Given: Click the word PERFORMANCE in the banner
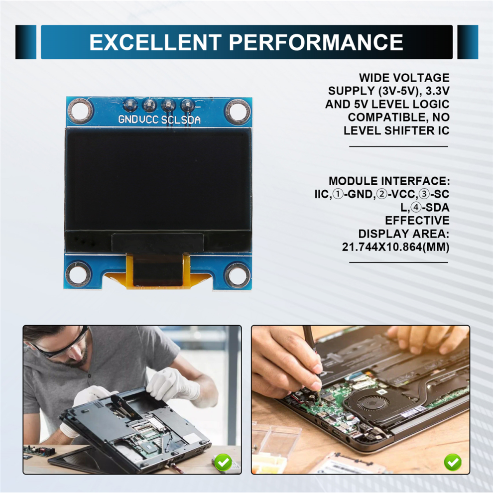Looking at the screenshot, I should point(316,42).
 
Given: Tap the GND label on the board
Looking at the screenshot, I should point(128,120).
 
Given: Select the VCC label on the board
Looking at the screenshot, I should point(149,120).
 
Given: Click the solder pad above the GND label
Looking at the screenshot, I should point(130,105).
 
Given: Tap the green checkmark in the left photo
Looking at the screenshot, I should point(224,463).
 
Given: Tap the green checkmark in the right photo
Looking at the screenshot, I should point(452,463).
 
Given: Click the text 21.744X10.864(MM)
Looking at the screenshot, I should point(395,246).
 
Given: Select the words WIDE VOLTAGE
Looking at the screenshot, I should point(404,78).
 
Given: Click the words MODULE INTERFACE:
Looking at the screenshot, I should point(389,181).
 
